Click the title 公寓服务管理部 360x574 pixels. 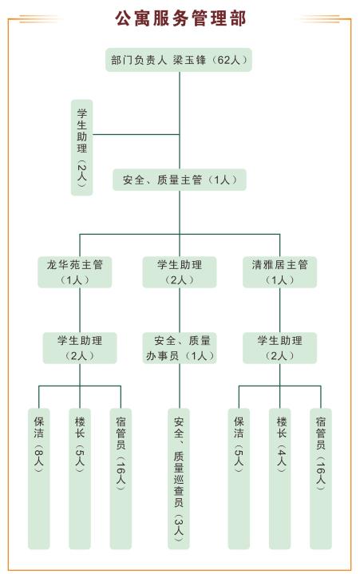(180, 18)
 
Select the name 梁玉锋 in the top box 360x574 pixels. (189, 60)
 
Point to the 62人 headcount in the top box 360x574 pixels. (228, 60)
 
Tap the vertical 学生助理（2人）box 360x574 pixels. (81, 147)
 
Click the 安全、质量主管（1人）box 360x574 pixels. (180, 180)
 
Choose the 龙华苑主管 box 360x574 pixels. (75, 272)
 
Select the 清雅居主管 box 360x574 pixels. (280, 272)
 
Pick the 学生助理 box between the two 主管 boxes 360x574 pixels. (180, 272)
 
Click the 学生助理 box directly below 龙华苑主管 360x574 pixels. (80, 348)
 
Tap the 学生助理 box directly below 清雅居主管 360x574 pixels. (280, 348)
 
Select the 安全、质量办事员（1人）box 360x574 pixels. (180, 348)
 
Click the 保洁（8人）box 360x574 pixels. (39, 479)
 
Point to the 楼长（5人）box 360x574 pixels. (80, 479)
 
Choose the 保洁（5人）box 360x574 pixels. (239, 479)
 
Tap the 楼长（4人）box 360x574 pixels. (280, 479)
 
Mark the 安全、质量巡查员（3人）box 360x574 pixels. (179, 479)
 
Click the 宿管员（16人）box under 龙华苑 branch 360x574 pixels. (121, 479)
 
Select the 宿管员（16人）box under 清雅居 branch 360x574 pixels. (321, 479)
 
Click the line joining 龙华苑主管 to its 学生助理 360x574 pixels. (80, 310)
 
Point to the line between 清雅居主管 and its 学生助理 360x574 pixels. (280, 310)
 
